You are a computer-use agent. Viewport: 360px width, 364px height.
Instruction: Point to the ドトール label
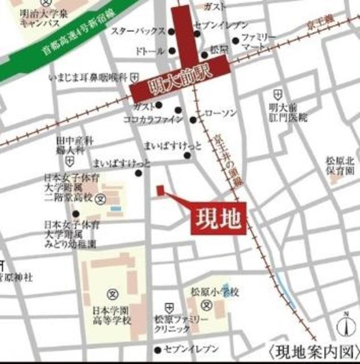pyautogui.click(x=150, y=51)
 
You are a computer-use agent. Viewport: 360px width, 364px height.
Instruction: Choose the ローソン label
pyautogui.click(x=220, y=114)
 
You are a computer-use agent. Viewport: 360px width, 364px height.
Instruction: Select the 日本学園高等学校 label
pyautogui.click(x=112, y=316)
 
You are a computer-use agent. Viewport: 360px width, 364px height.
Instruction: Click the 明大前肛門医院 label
pyautogui.click(x=288, y=113)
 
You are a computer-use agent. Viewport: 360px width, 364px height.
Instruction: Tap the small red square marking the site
pyautogui.click(x=160, y=189)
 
